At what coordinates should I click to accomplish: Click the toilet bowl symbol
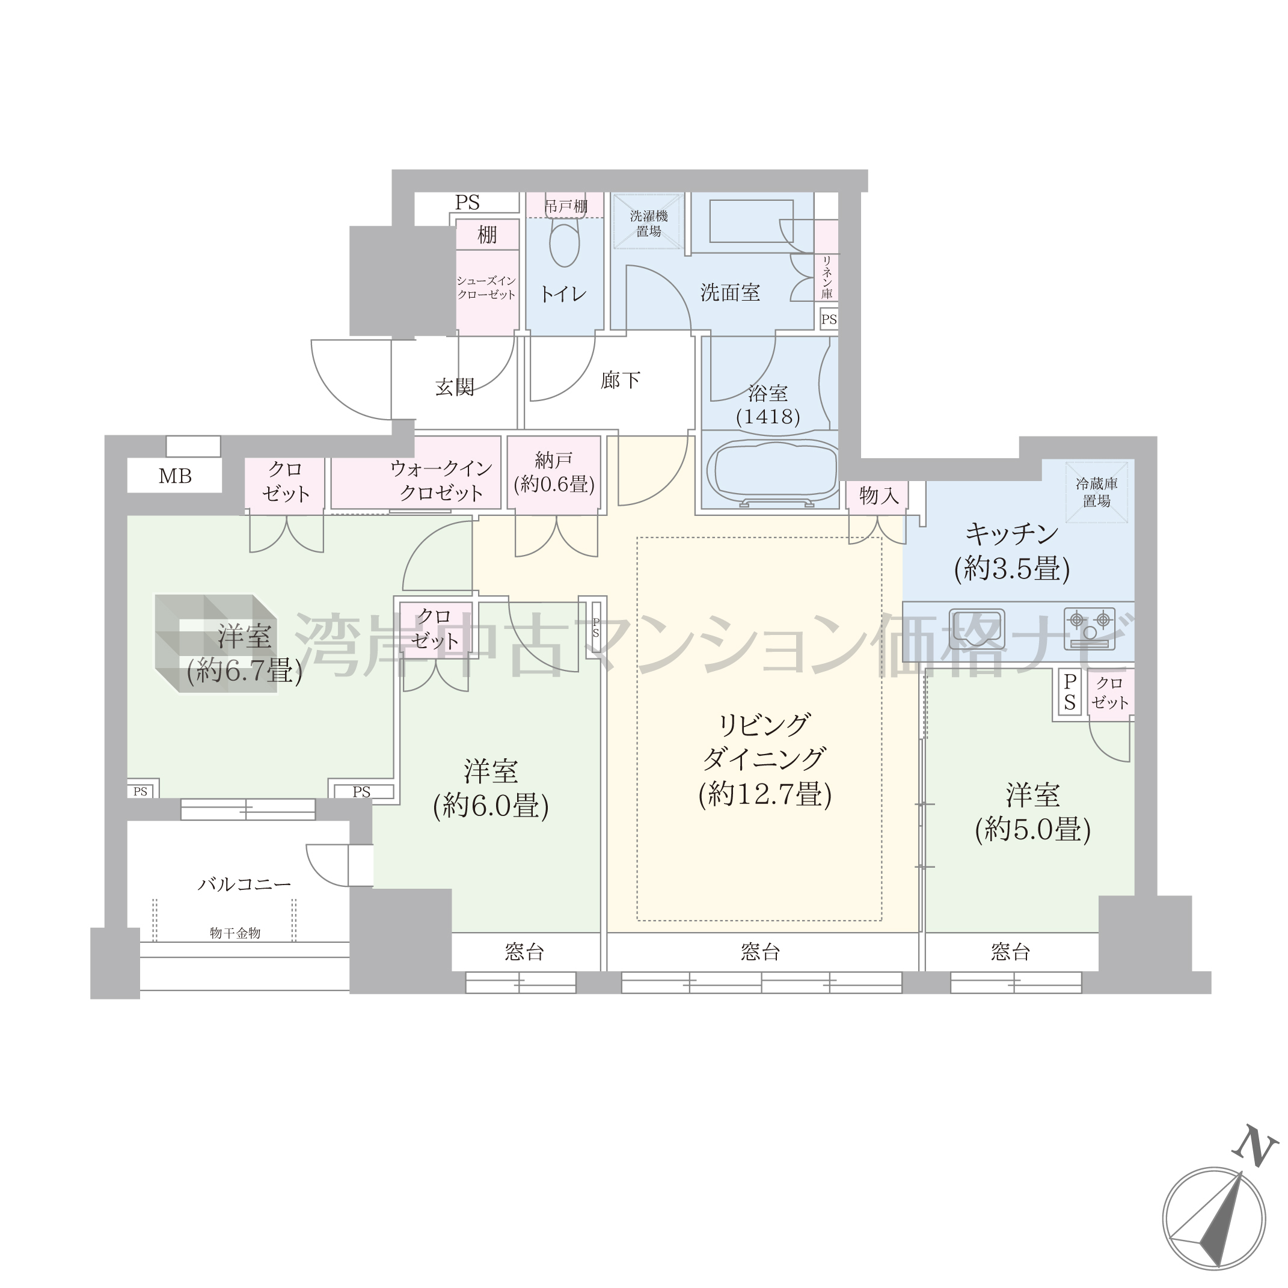[x=565, y=245]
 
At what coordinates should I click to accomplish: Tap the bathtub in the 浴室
[x=772, y=473]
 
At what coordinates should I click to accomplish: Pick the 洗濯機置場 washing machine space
[x=648, y=222]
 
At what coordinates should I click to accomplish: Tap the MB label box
[x=174, y=476]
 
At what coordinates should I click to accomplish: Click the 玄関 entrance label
[x=455, y=387]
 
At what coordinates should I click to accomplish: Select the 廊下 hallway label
[x=620, y=380]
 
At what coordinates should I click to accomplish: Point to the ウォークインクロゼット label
[x=441, y=480]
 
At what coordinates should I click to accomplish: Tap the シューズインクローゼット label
[x=486, y=288]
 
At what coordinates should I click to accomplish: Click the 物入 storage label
[x=879, y=495]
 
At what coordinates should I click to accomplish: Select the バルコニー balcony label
[x=245, y=885]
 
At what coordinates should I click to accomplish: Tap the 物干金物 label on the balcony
[x=235, y=933]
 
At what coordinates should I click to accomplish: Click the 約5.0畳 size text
[x=1032, y=830]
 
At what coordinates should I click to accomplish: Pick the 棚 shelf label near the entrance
[x=487, y=235]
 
